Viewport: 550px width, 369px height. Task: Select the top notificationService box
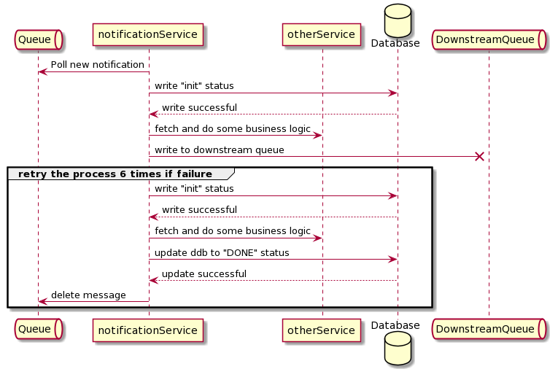click(x=148, y=34)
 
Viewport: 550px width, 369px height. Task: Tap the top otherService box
click(x=322, y=34)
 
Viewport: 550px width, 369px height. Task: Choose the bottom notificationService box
click(x=148, y=330)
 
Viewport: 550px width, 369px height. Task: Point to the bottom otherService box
click(x=322, y=330)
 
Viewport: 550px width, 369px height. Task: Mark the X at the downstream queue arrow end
click(x=479, y=156)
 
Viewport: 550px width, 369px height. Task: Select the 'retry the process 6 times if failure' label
click(x=115, y=174)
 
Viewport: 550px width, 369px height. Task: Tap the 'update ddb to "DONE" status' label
click(x=222, y=253)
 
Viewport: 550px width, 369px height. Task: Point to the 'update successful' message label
click(x=204, y=274)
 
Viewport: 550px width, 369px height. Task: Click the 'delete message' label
click(x=88, y=295)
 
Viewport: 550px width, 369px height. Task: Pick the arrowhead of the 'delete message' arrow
click(x=42, y=301)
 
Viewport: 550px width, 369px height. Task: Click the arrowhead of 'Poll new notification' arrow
click(x=42, y=71)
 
